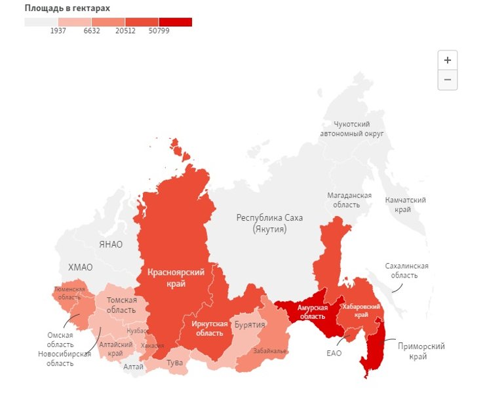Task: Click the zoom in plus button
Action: tap(448, 60)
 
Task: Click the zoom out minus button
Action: tap(448, 80)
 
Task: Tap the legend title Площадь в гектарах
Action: tap(68, 8)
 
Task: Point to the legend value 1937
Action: tap(58, 31)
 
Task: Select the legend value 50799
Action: tap(159, 31)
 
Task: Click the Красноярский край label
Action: tap(176, 278)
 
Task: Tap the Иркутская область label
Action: tap(210, 328)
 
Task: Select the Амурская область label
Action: tap(312, 312)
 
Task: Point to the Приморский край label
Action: tap(421, 351)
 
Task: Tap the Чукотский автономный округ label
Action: tap(351, 129)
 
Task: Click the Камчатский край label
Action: tap(405, 204)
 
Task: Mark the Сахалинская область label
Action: tap(406, 270)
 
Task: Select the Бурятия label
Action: tap(250, 325)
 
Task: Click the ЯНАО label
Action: tap(111, 244)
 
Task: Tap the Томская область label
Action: tap(122, 304)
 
